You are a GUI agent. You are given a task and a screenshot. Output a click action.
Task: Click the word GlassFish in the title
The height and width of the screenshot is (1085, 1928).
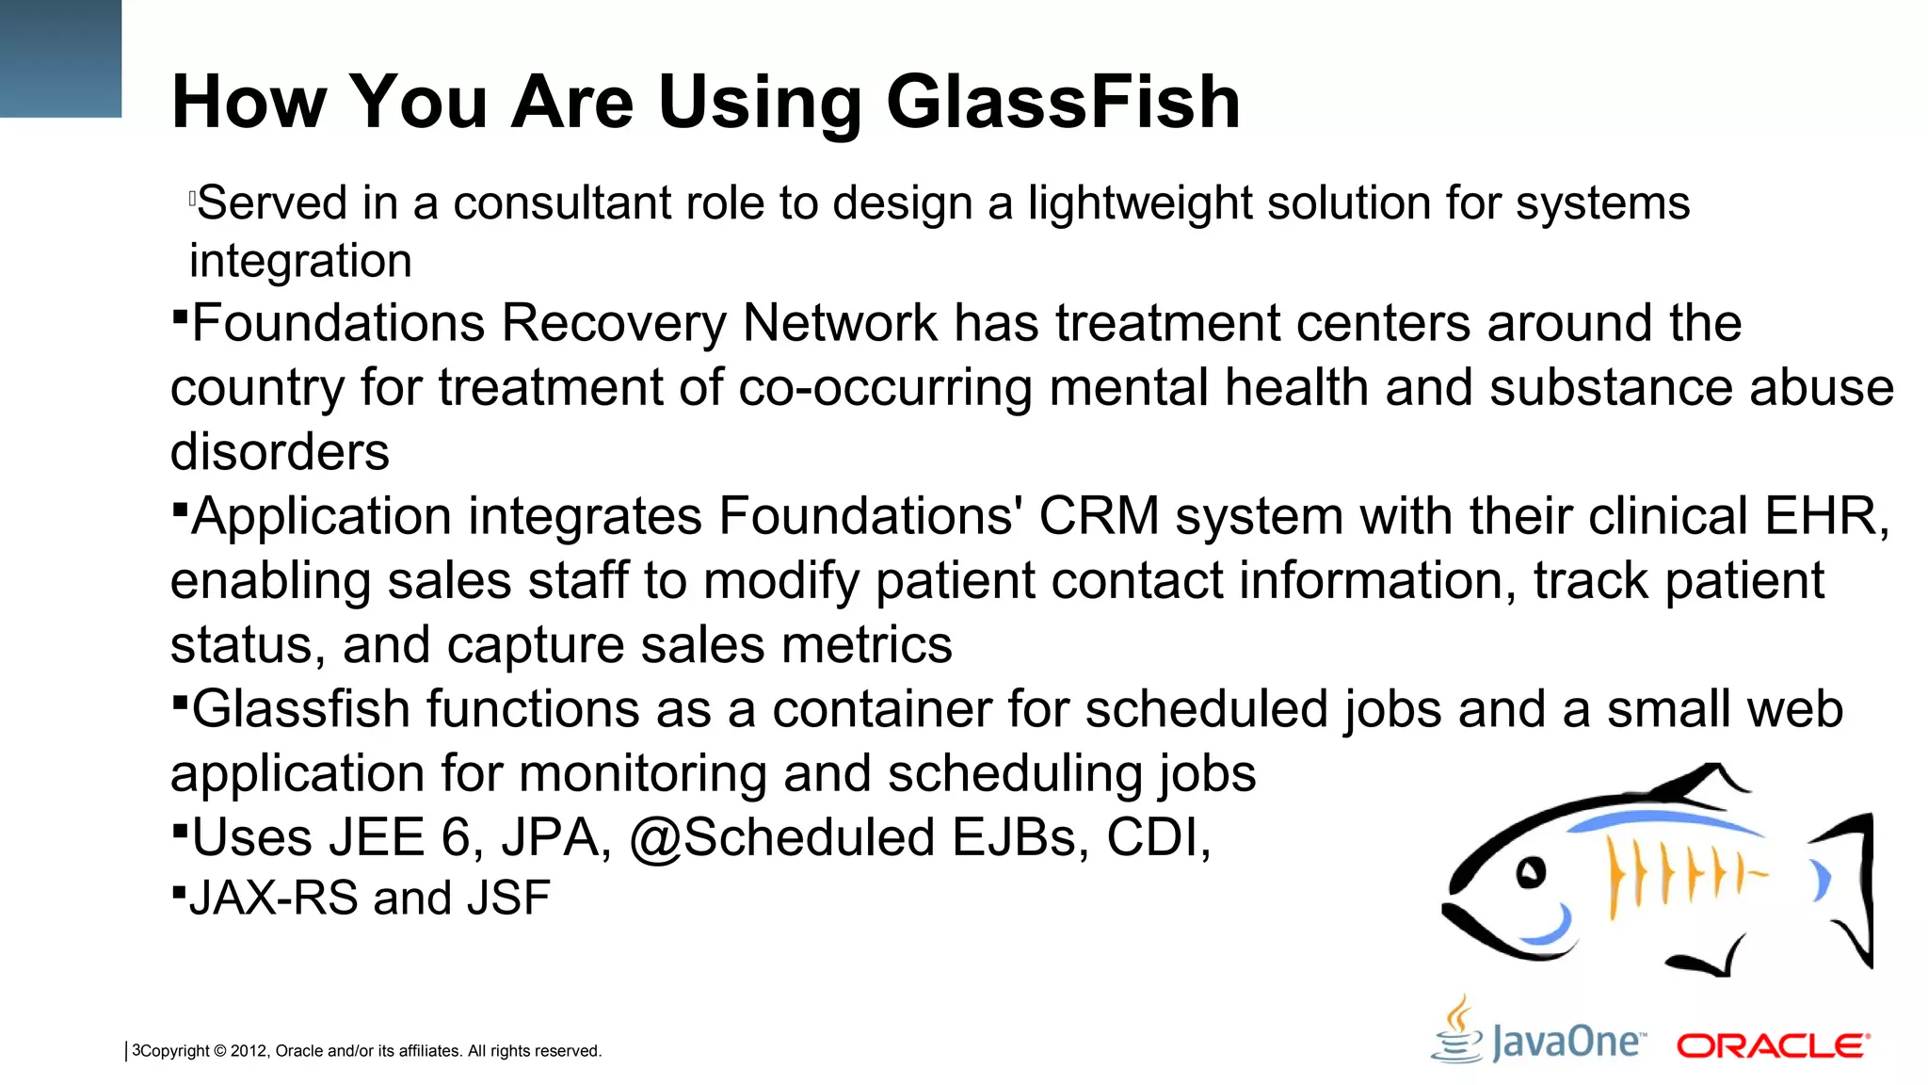click(1063, 102)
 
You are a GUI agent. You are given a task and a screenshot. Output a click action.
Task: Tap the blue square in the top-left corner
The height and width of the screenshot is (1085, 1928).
click(60, 58)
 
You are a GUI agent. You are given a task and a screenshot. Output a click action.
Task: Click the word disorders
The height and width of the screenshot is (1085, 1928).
click(280, 452)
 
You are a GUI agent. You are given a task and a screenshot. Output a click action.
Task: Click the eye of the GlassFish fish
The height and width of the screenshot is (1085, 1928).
click(1531, 872)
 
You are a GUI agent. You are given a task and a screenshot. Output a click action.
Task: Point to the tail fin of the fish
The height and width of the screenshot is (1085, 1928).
click(1846, 885)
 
